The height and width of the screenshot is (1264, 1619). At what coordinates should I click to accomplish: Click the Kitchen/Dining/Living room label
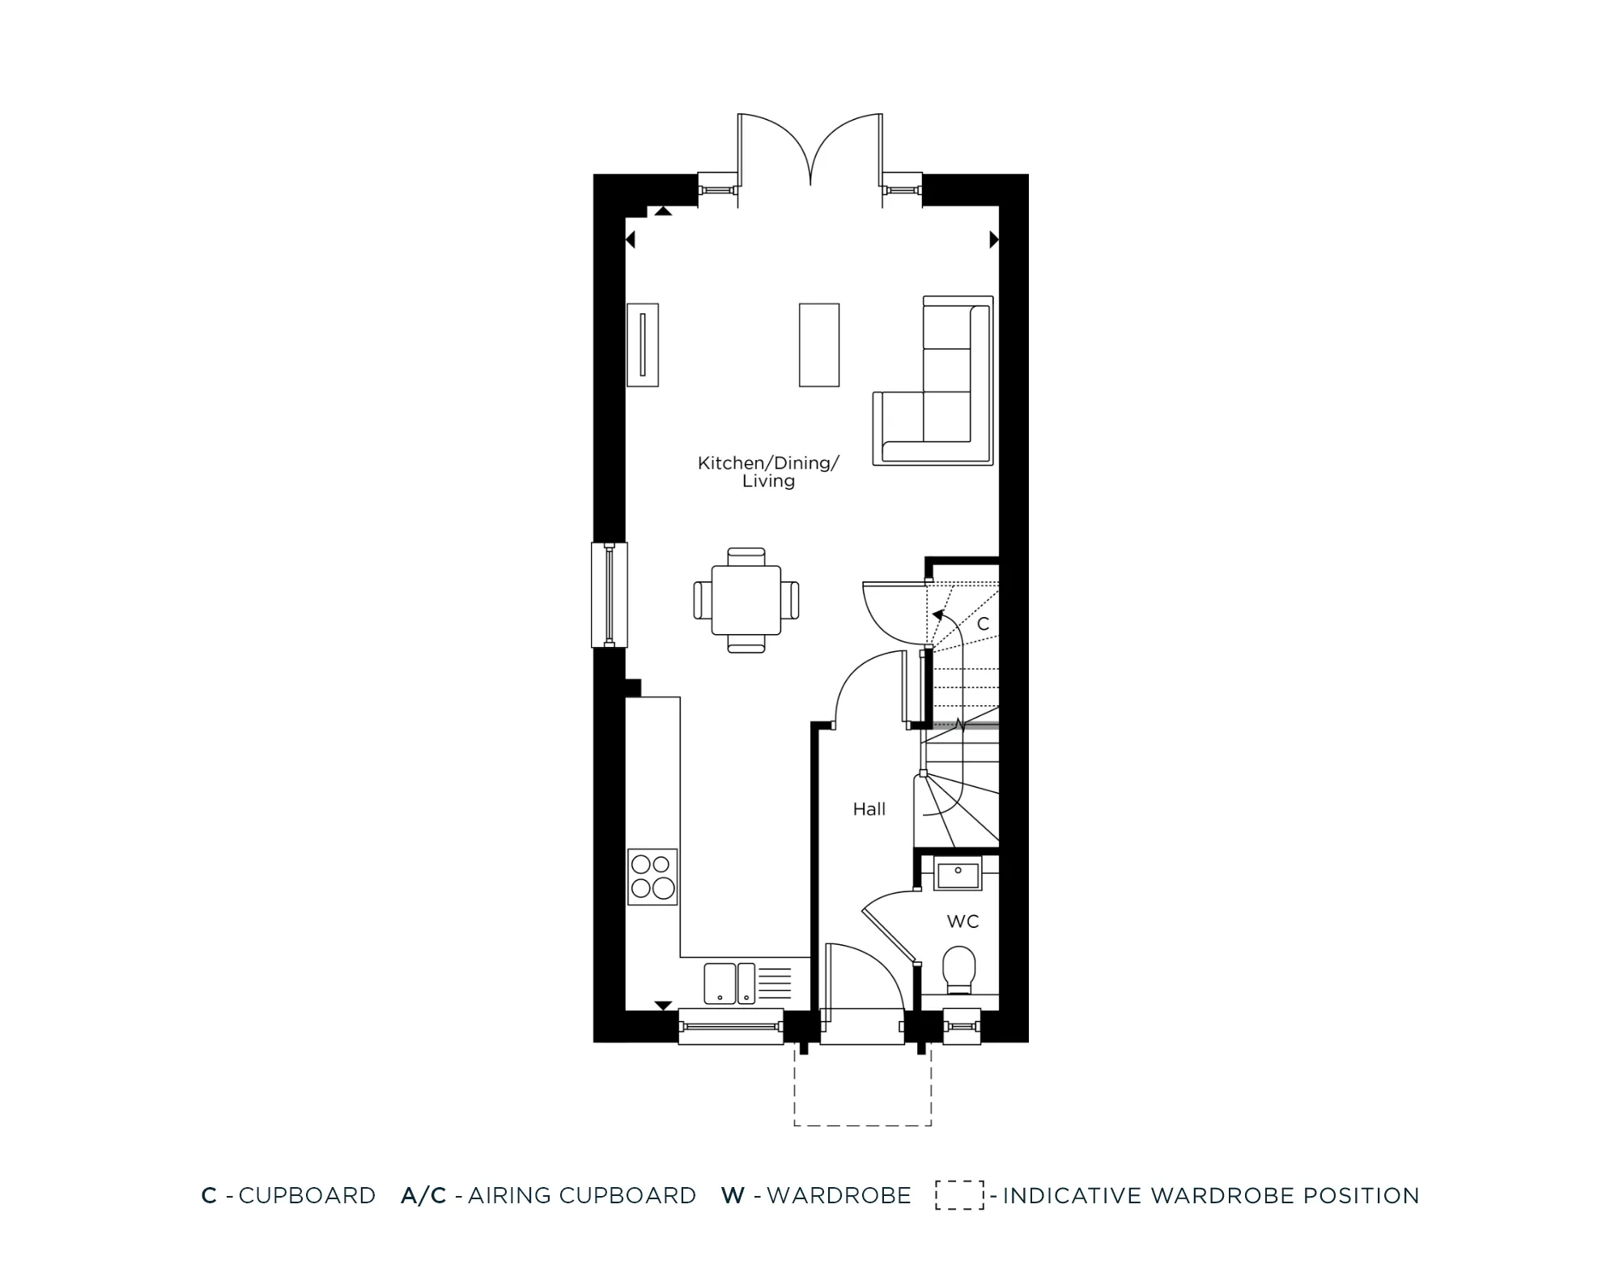coord(768,471)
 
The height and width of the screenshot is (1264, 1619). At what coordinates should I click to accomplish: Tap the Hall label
coord(869,809)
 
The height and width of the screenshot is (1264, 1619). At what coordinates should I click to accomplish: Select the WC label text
coord(962,921)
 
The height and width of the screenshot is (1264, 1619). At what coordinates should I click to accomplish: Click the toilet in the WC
coord(959,968)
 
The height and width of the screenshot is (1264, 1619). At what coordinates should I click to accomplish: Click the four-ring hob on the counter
coord(652,877)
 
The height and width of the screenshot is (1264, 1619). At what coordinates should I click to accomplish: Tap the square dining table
coord(746,600)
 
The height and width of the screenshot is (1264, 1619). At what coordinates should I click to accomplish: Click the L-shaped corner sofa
coord(939,389)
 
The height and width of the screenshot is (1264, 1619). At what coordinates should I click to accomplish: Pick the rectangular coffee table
coord(818,345)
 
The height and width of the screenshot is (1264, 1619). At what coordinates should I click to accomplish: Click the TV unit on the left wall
coord(643,345)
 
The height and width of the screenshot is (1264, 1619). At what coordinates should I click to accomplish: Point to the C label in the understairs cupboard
coord(983,624)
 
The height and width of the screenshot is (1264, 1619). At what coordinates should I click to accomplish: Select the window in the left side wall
coord(609,594)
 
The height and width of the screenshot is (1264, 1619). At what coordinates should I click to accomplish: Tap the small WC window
coord(962,1026)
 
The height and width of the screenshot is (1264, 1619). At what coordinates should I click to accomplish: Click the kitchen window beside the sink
coord(731,1027)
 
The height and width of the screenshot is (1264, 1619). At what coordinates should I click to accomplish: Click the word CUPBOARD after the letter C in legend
coord(307,1196)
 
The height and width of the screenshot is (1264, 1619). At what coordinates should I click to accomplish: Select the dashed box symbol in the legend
coord(959,1195)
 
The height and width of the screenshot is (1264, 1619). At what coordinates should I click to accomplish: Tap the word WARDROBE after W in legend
coord(839,1196)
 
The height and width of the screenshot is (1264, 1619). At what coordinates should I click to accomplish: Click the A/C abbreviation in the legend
coord(423,1196)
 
